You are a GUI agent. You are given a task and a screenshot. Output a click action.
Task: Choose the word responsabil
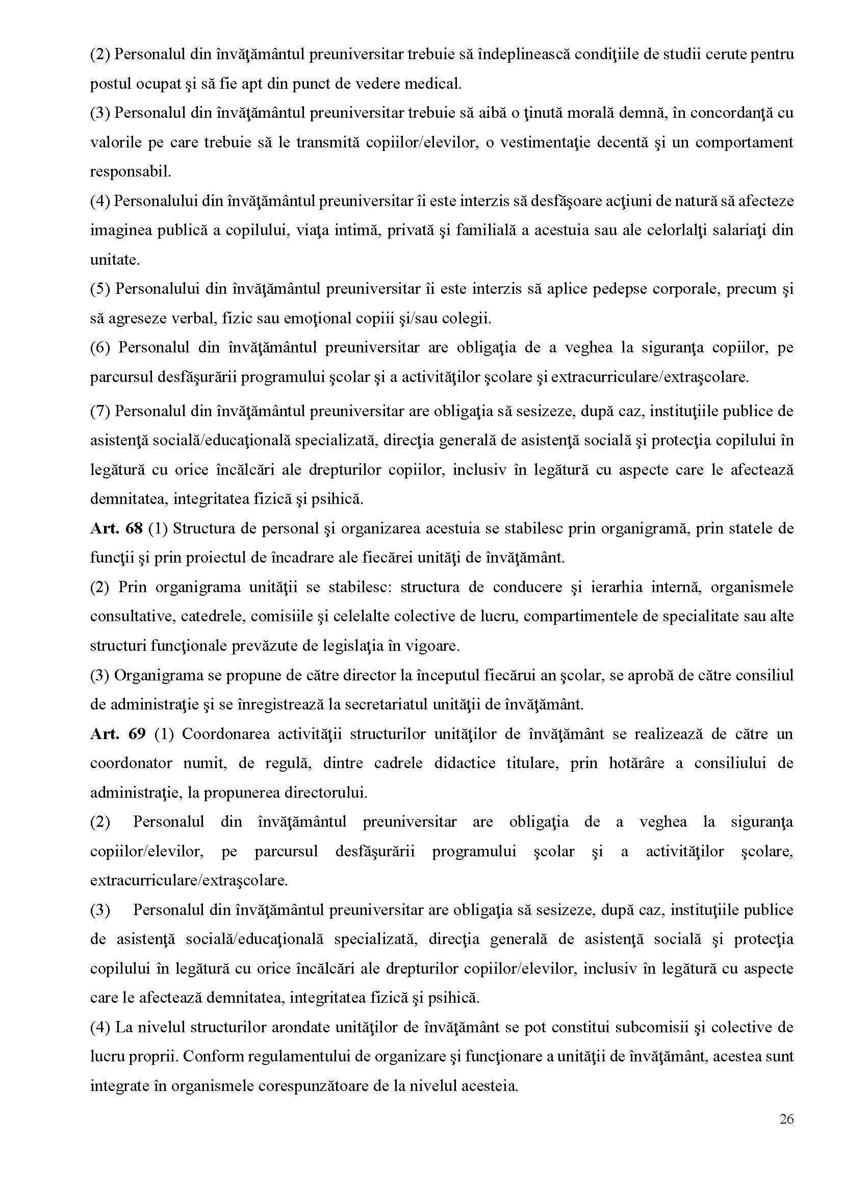tap(131, 171)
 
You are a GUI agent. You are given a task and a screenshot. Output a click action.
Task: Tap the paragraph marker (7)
tap(100, 411)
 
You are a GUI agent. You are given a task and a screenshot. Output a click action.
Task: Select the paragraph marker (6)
tap(100, 347)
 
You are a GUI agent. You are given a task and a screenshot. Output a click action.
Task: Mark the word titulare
tap(529, 763)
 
